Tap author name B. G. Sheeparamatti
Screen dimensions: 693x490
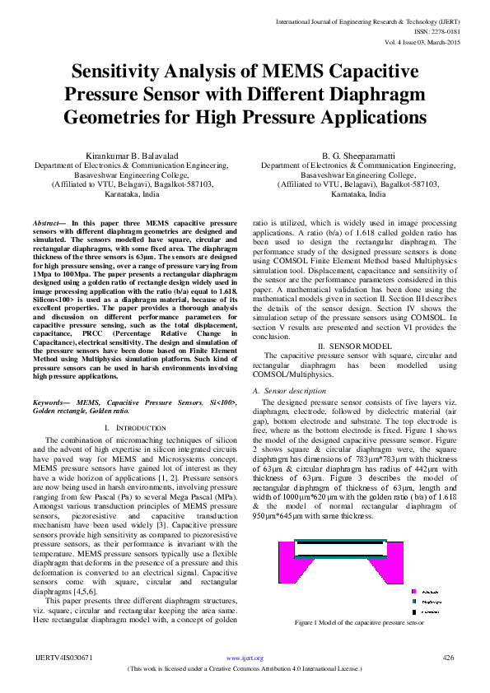(x=357, y=156)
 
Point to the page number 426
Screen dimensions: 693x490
(x=448, y=658)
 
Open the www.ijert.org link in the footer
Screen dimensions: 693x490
(x=245, y=658)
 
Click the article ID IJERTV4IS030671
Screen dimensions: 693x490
(x=63, y=658)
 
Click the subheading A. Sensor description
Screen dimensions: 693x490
(x=288, y=389)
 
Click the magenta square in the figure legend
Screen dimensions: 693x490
(x=414, y=591)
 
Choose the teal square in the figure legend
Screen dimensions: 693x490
(x=414, y=602)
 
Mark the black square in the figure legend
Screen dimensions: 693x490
(x=414, y=612)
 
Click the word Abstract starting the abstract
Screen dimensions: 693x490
(x=47, y=223)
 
